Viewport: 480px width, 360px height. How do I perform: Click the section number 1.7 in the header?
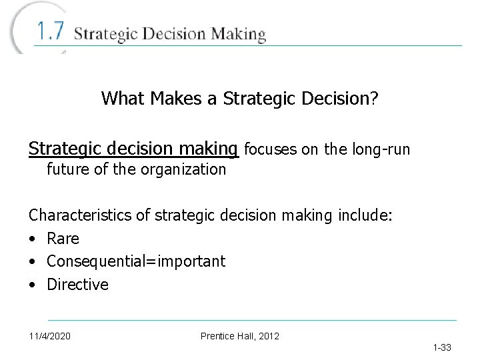tap(50, 32)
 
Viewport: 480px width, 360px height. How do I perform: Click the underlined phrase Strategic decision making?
tap(133, 148)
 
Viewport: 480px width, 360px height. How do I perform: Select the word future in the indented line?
tap(69, 169)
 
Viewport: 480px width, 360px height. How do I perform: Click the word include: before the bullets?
tap(367, 215)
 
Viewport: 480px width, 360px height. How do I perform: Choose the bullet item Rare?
tap(63, 239)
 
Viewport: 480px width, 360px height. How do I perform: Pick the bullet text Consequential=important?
tap(136, 261)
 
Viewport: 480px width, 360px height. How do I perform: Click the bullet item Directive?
tap(77, 285)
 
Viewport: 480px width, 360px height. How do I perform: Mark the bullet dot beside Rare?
tap(32, 239)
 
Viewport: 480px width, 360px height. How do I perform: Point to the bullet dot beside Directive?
tap(32, 285)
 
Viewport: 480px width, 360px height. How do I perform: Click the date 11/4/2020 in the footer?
tap(50, 336)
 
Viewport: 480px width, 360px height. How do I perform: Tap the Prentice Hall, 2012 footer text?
tap(240, 336)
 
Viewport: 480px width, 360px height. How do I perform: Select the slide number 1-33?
tap(442, 347)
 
